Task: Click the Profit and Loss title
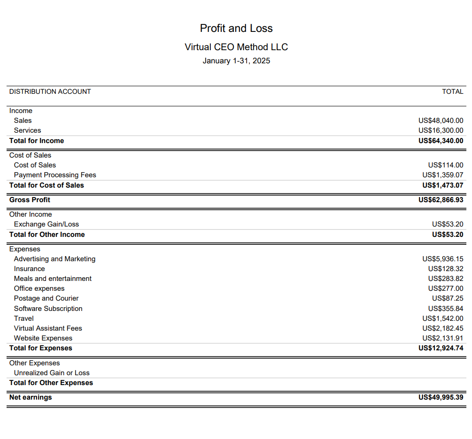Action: pos(236,28)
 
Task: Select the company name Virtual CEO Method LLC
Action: pos(236,47)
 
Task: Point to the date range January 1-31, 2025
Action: pos(236,61)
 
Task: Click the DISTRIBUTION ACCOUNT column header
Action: pos(50,91)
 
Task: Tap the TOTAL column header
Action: pos(452,91)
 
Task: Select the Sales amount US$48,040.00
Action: pos(441,121)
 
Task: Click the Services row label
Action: pos(27,130)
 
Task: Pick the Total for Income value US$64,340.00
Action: pos(441,141)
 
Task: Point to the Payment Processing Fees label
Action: pos(55,175)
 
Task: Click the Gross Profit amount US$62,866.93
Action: pos(441,200)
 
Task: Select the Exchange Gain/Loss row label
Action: pos(46,224)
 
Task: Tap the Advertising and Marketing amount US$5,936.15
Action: pos(442,259)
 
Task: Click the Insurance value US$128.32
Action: pos(445,269)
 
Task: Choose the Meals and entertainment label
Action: pos(53,279)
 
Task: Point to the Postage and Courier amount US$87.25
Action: pos(448,298)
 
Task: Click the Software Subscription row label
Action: pos(48,309)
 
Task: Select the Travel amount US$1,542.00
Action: pos(442,318)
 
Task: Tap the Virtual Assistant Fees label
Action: pos(48,328)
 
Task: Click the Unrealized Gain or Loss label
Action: pos(52,373)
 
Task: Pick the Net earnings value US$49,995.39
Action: pos(441,397)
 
